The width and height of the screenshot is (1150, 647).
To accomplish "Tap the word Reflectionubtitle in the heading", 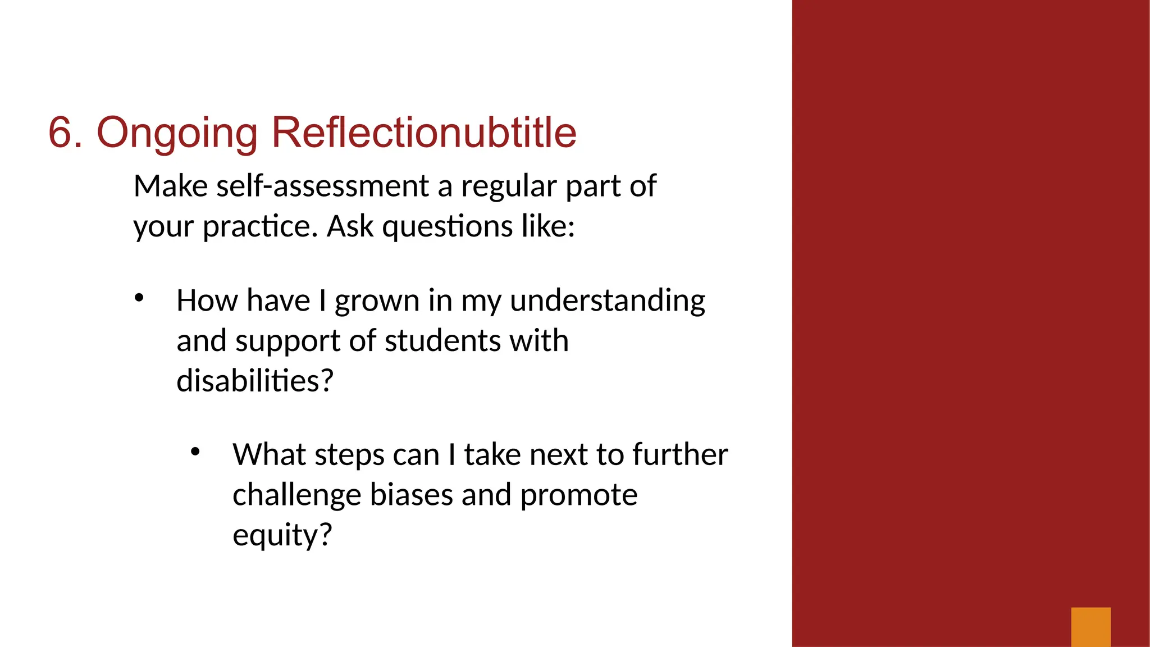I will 424,133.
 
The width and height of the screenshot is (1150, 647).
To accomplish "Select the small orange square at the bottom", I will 1090,627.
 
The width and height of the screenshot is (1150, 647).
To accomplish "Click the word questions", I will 448,227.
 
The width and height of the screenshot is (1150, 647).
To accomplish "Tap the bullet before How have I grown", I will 139,298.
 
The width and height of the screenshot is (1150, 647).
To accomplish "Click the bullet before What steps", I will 195,452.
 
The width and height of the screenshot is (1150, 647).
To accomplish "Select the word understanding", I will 607,301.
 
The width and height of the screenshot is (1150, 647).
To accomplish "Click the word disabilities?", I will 255,381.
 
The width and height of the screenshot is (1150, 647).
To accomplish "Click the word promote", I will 578,496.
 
